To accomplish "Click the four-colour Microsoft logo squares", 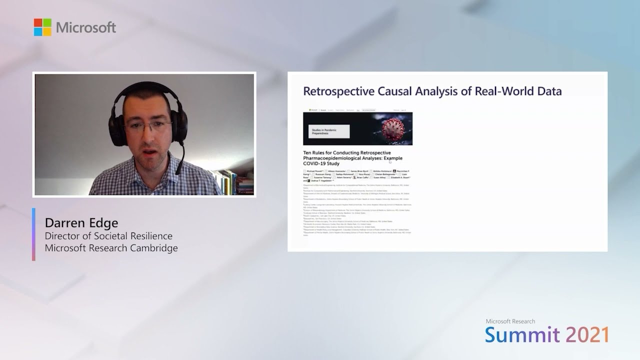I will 42,27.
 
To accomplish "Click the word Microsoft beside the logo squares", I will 86,27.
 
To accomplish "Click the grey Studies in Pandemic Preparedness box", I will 328,131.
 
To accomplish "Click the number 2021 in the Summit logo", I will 587,334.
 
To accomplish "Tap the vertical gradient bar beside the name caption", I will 33,234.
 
